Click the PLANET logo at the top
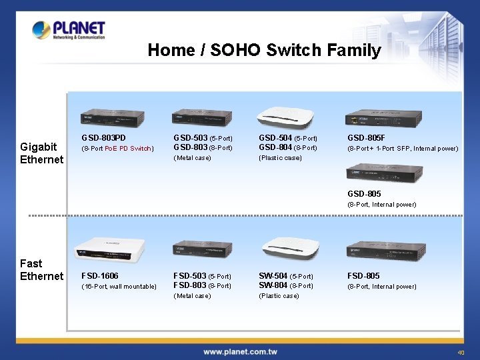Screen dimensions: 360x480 [x=69, y=30]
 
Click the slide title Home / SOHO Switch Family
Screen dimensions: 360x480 [x=264, y=50]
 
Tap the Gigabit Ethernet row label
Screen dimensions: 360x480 [x=41, y=153]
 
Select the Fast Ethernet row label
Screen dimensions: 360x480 [x=41, y=269]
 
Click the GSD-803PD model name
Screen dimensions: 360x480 [x=103, y=138]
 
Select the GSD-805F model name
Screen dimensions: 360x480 [x=366, y=138]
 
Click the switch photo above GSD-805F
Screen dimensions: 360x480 [x=383, y=117]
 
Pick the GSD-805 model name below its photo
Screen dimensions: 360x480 [x=364, y=193]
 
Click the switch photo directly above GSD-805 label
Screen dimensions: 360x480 [x=383, y=173]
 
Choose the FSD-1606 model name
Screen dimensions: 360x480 [x=100, y=275]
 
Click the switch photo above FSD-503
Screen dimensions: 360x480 [x=200, y=252]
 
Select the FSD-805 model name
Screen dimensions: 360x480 [x=363, y=275]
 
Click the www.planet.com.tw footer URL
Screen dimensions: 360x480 [x=240, y=351]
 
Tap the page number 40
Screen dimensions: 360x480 [x=461, y=353]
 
